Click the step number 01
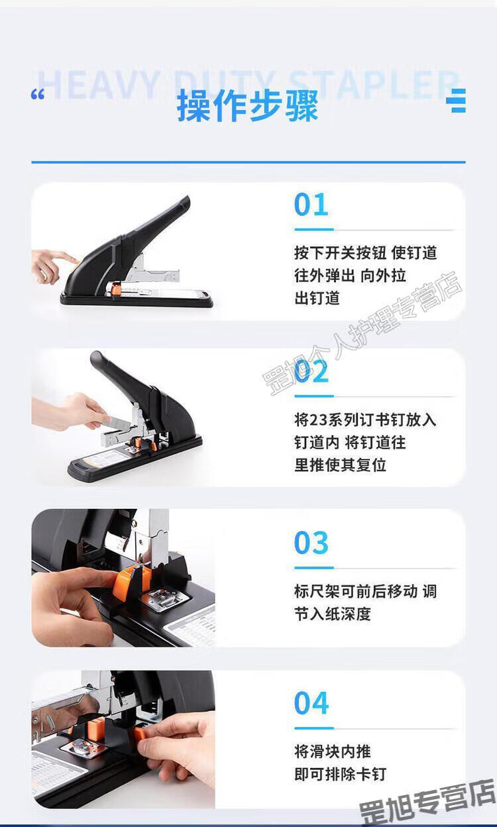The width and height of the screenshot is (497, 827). (311, 205)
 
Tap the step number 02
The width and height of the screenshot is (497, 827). (311, 371)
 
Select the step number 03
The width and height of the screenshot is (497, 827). (311, 543)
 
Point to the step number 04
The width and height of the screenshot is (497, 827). (311, 703)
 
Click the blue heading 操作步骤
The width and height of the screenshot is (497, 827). (247, 106)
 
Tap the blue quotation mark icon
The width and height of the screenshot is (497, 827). (38, 94)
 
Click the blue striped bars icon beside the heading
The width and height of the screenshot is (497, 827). (456, 101)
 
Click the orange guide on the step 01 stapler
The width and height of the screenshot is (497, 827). (116, 288)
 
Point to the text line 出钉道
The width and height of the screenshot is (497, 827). (317, 298)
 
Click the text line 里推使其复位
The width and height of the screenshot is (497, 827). (340, 465)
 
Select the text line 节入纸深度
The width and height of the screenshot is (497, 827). (332, 614)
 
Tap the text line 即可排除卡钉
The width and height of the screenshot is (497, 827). (340, 774)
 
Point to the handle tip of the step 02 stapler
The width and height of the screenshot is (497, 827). (96, 357)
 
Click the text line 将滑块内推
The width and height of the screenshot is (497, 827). (332, 751)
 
